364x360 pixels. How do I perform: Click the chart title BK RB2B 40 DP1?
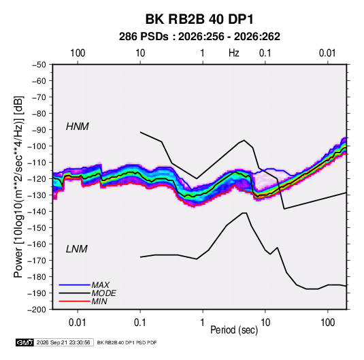point(199,19)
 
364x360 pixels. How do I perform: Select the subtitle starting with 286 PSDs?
point(199,37)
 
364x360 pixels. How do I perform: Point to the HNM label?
point(78,127)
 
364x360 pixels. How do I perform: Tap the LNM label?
point(77,249)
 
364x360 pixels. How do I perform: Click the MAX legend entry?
point(101,284)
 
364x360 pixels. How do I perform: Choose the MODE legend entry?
point(104,293)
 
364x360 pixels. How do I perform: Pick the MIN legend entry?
point(99,301)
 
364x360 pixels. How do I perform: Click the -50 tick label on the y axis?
point(39,65)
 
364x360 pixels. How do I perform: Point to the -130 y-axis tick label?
point(37,195)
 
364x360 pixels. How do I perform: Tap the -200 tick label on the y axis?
point(37,310)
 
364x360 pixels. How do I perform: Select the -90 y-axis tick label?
point(39,130)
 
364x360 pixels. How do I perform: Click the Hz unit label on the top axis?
point(234,53)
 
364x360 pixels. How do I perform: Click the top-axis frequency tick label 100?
point(78,53)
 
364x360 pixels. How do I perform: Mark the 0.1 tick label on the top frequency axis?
point(265,53)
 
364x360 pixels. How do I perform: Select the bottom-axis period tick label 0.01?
point(78,323)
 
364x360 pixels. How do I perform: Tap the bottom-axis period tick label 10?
point(265,323)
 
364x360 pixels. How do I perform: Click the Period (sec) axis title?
point(234,330)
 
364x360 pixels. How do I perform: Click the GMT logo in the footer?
point(24,342)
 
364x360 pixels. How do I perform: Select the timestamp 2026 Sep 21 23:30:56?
point(63,342)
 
